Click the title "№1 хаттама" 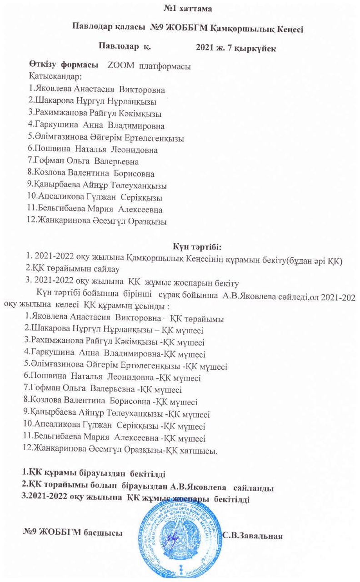[x=180, y=8]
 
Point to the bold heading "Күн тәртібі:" [x=196, y=247]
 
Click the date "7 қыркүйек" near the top [x=252, y=47]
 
